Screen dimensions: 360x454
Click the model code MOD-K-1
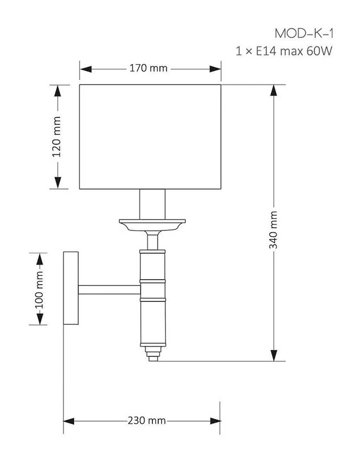pyautogui.click(x=304, y=33)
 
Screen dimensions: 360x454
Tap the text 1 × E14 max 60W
pyautogui.click(x=284, y=51)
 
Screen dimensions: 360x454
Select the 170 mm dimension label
pyautogui.click(x=149, y=68)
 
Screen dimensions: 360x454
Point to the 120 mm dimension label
pyautogui.click(x=57, y=137)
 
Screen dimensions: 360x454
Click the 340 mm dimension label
pyautogui.click(x=273, y=230)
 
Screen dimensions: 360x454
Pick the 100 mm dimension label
pyautogui.click(x=39, y=290)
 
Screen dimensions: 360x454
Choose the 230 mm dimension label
pyautogui.click(x=147, y=421)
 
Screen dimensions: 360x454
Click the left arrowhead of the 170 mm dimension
pyautogui.click(x=86, y=69)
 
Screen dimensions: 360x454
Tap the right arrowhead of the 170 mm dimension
pyautogui.click(x=215, y=69)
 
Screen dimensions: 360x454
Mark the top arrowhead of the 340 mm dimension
pyautogui.click(x=273, y=91)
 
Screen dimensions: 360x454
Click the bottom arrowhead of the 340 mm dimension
pyautogui.click(x=274, y=355)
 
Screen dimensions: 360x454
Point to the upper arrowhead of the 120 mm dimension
pyautogui.click(x=58, y=91)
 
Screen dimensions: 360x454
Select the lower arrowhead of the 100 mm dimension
pyautogui.click(x=40, y=319)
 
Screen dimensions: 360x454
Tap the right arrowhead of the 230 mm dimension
pyautogui.click(x=215, y=421)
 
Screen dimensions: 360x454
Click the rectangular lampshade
pyautogui.click(x=150, y=137)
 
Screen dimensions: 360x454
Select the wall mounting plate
pyautogui.click(x=71, y=288)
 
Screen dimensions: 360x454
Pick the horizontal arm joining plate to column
pyautogui.click(x=109, y=289)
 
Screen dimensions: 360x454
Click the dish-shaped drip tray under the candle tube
pyautogui.click(x=153, y=225)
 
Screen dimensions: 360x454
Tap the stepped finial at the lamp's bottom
pyautogui.click(x=153, y=354)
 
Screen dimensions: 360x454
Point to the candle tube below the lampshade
pyautogui.click(x=153, y=204)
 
